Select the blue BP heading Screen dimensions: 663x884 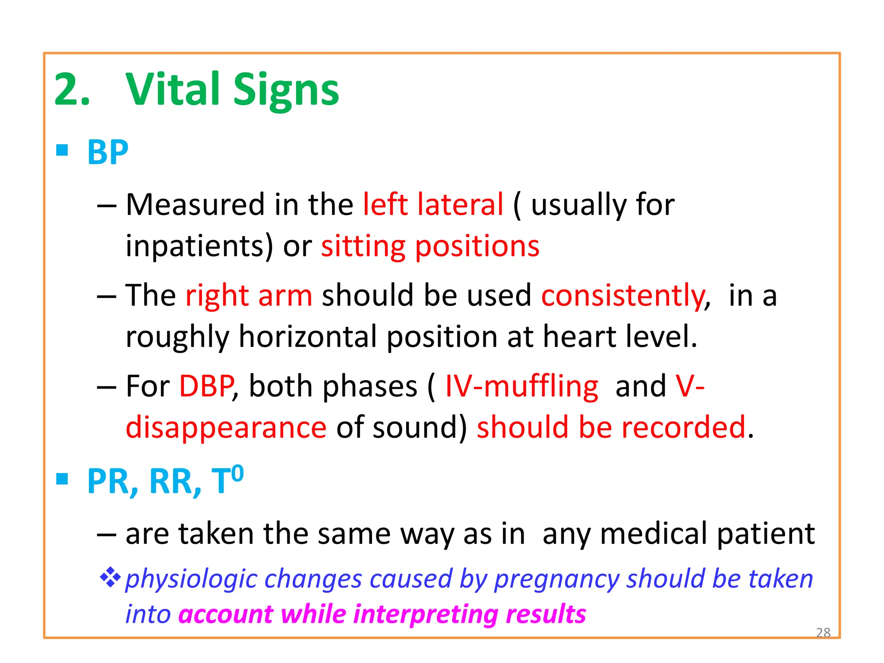(x=107, y=152)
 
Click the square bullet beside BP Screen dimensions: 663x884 (x=62, y=150)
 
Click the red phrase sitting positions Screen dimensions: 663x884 (x=430, y=246)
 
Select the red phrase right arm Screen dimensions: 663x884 (x=249, y=296)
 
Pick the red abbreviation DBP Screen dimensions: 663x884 (x=207, y=386)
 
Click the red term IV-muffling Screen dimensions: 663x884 (x=521, y=386)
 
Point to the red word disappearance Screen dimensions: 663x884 (x=226, y=427)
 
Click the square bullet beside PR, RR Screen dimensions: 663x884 (x=62, y=479)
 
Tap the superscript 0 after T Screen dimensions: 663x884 (x=237, y=474)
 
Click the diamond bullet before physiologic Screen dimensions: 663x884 (x=110, y=577)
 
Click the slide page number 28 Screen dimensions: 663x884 (x=823, y=632)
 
